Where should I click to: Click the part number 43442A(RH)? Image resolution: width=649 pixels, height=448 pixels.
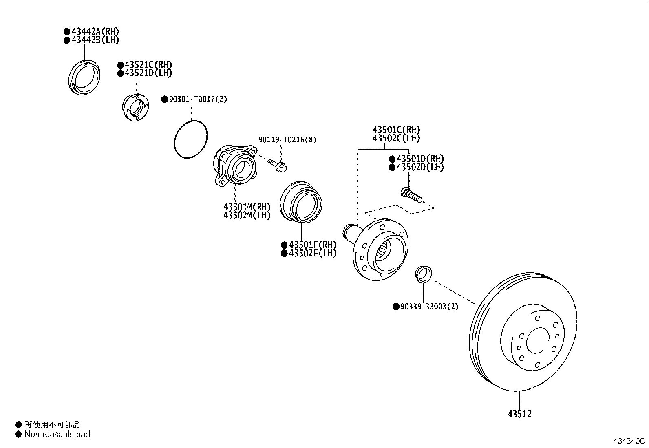pos(95,31)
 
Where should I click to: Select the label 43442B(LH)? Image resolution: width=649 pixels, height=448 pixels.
pos(95,40)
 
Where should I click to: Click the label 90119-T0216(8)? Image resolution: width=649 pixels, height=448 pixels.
pos(287,140)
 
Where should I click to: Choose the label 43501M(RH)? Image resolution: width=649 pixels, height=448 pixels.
pos(247,207)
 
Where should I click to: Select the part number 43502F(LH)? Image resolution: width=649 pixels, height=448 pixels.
pos(313,253)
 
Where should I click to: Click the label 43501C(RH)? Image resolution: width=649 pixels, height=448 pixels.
pos(396,130)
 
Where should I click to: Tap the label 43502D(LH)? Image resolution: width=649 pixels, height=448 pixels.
pos(420,167)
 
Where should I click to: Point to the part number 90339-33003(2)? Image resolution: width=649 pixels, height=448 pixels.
pos(429,307)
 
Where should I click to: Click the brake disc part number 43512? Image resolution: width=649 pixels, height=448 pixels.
pos(520,414)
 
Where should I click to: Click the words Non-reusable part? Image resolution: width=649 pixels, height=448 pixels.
pos(57,435)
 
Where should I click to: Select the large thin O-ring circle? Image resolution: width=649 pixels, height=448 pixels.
pos(191,139)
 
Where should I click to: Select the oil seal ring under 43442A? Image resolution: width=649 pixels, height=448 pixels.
pos(84,77)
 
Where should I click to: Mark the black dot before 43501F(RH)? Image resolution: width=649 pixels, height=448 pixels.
pos(284,245)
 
